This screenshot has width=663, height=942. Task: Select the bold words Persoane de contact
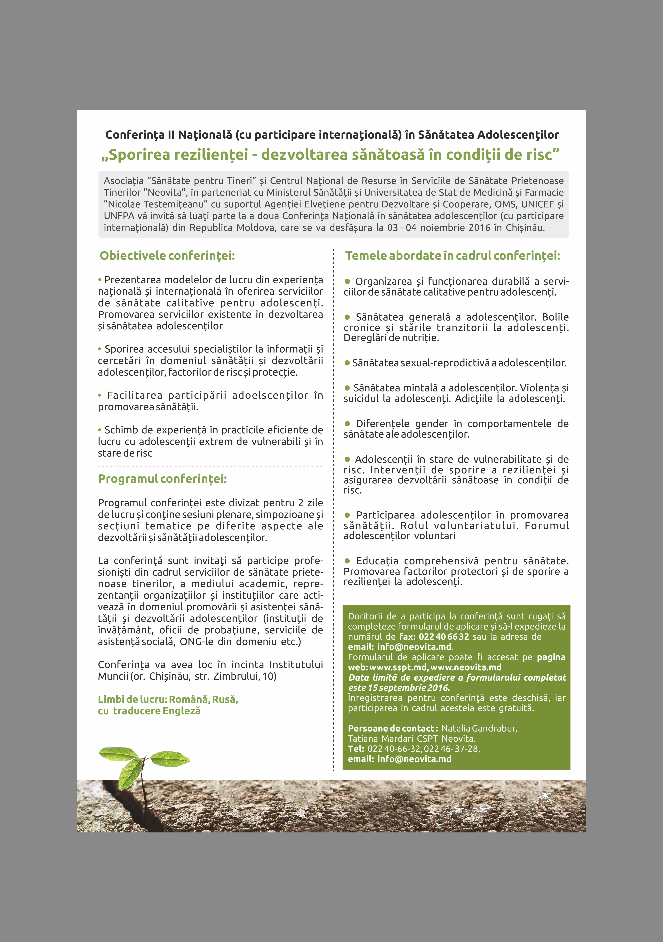[x=391, y=728]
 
